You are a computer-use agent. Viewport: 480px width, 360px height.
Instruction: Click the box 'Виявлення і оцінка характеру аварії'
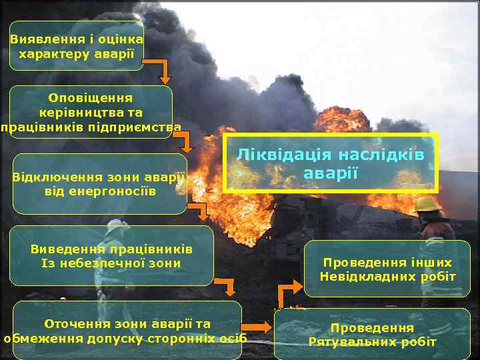(x=77, y=46)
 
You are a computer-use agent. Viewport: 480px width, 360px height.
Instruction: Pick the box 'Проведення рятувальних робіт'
(x=373, y=335)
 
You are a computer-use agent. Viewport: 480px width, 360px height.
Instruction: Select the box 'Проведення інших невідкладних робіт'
(x=387, y=269)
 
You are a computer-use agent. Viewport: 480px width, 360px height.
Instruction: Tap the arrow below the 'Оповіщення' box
(x=185, y=139)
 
